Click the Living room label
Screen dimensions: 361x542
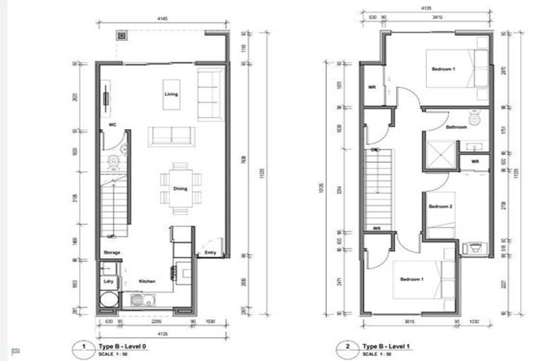click(x=170, y=94)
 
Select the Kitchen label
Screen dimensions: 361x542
click(x=147, y=281)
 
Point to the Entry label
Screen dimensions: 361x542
click(x=210, y=252)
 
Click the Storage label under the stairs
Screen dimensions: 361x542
click(x=112, y=252)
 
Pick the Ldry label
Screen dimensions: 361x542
click(x=108, y=281)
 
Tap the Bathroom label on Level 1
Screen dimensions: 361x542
click(x=456, y=127)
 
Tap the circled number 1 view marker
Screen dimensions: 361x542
click(x=83, y=348)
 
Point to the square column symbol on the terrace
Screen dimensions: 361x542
click(x=122, y=35)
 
